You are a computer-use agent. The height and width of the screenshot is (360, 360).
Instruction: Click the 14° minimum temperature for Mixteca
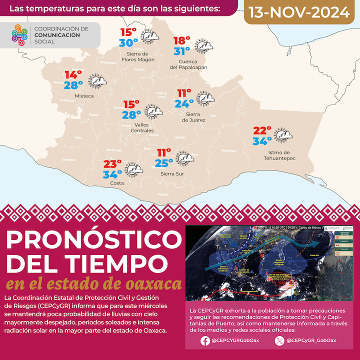click(73, 75)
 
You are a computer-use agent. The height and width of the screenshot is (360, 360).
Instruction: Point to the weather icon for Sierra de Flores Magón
click(149, 36)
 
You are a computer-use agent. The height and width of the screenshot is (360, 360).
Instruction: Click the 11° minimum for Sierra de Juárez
click(184, 93)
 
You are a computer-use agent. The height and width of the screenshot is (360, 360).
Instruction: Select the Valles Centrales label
click(137, 127)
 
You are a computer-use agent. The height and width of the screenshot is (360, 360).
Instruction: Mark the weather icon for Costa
click(132, 169)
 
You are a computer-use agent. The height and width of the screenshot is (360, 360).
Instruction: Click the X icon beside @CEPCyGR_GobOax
click(279, 341)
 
